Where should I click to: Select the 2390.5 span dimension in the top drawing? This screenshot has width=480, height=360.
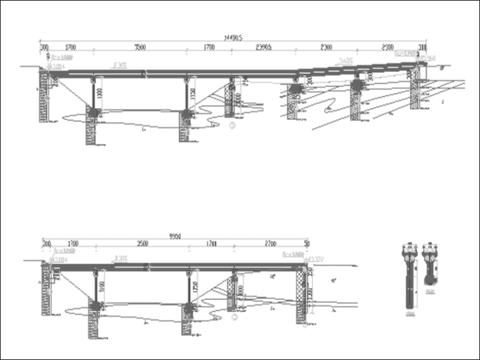pos(263,47)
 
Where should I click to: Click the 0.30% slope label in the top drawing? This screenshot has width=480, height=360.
pos(120,64)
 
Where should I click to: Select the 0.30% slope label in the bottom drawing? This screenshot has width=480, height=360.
pos(121,258)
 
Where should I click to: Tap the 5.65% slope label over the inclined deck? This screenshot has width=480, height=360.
pos(345,61)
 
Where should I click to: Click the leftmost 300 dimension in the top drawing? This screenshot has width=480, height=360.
pos(44,47)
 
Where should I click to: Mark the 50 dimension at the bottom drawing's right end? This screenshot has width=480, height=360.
pos(306,243)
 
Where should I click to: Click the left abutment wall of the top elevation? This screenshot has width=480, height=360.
pos(44,95)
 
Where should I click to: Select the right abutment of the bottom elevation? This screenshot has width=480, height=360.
pos(301,294)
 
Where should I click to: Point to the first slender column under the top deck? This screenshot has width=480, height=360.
pos(94,95)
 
